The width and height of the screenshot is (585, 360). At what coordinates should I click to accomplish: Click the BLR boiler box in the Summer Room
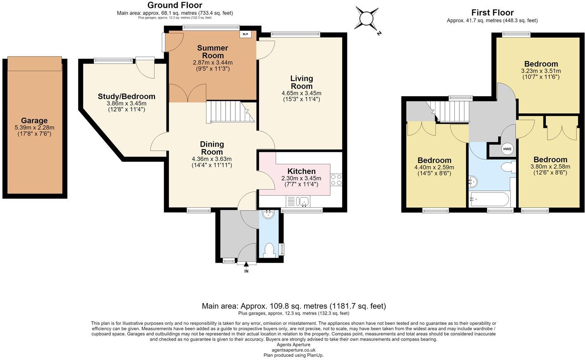point(245,34)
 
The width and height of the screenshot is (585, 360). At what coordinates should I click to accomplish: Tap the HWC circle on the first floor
point(507,149)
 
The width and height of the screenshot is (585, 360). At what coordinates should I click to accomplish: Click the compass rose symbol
point(367,19)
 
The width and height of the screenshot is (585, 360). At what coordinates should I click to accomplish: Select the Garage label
point(34,121)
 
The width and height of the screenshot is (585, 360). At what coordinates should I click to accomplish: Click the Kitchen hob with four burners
point(336,180)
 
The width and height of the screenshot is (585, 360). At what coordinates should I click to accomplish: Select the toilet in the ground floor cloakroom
point(269,250)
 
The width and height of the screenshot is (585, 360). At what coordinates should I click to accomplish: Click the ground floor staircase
point(230,112)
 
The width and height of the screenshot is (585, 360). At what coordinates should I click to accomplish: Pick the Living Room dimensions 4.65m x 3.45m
point(301,93)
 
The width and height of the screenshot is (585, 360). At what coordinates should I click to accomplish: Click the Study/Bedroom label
point(126,97)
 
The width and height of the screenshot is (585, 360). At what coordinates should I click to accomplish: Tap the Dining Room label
point(212,148)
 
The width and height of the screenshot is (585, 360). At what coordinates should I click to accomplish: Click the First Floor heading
point(492,12)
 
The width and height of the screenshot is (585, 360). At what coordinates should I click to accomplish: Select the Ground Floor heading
point(175,5)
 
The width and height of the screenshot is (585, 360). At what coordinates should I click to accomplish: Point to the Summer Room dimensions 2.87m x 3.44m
point(213,63)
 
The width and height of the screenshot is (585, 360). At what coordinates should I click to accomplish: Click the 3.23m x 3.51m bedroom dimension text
point(541,71)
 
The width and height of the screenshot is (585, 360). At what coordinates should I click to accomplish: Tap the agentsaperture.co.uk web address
point(294,350)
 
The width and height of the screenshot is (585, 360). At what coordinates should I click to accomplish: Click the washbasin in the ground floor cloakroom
point(268,215)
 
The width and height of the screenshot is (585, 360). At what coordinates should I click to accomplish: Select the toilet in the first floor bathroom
point(508,167)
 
